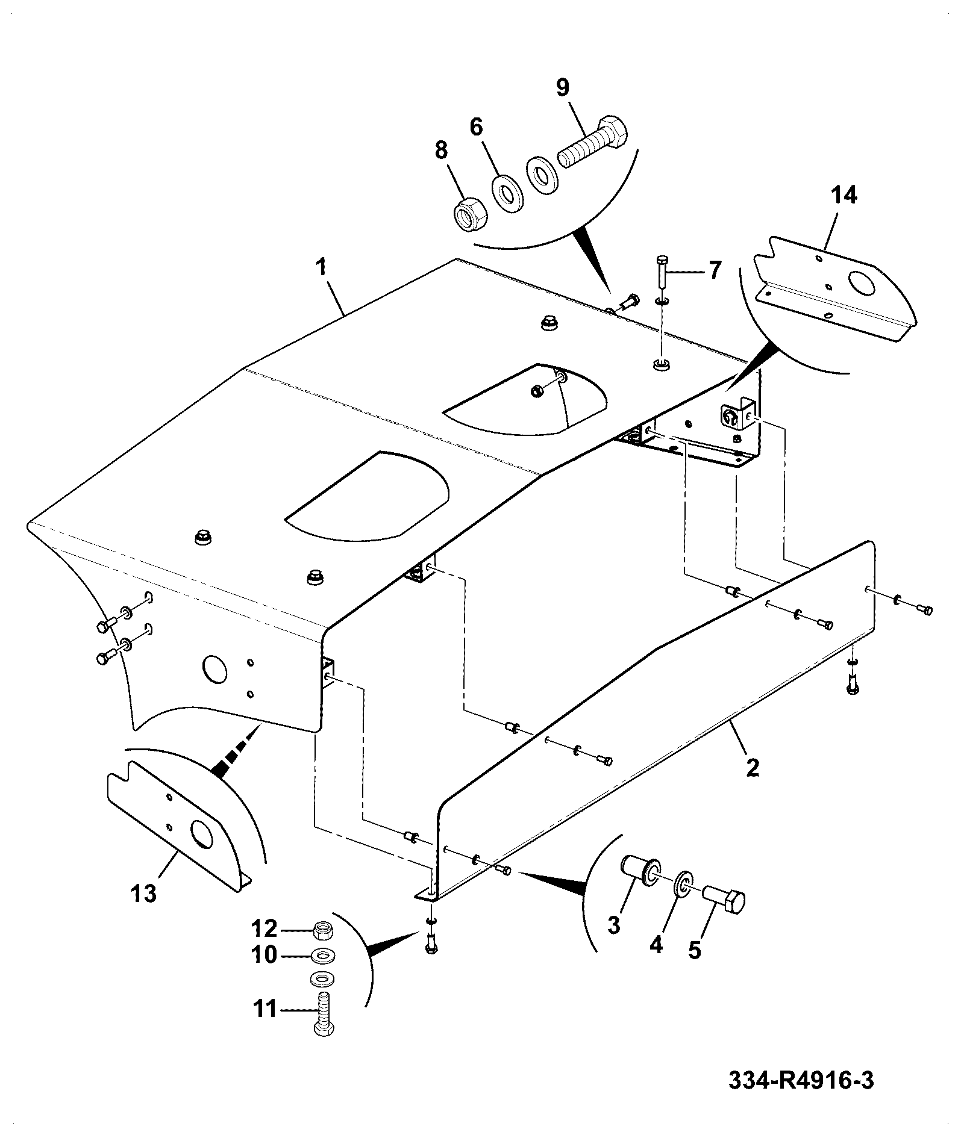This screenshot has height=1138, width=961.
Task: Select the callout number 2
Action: tap(753, 768)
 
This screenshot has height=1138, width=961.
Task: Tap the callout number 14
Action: tap(844, 196)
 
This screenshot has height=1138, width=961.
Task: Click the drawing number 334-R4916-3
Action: tap(801, 1080)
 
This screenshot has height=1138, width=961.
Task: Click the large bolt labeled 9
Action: tap(592, 141)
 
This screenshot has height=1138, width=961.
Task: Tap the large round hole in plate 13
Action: tap(201, 832)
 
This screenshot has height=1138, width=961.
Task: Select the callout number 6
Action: tap(476, 128)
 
